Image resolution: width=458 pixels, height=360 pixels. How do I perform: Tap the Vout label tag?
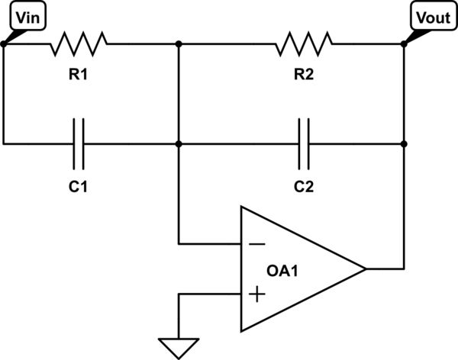pos(431,18)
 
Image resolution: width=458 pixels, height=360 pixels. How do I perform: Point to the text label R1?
pos(79,75)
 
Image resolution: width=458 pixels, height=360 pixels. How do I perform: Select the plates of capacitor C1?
pos(79,143)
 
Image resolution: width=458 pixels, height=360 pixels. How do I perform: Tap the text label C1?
pos(79,185)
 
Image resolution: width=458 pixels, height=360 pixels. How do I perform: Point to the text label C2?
pos(305,185)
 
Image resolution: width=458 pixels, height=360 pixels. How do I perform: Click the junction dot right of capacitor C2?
pos(404,143)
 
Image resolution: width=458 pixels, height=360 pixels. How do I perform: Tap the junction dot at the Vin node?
pos(4,44)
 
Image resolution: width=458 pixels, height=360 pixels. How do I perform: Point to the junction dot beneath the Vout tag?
pos(404,44)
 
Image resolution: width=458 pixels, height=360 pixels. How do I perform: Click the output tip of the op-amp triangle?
pos(366,268)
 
